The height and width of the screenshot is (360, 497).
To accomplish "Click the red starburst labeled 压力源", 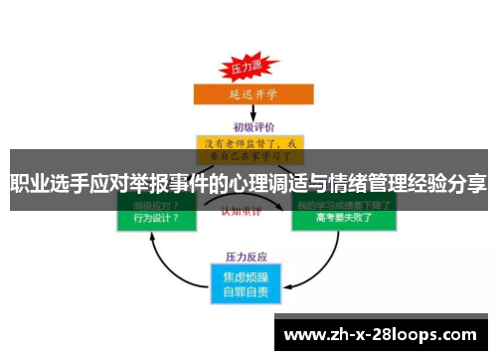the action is point(245,69).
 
